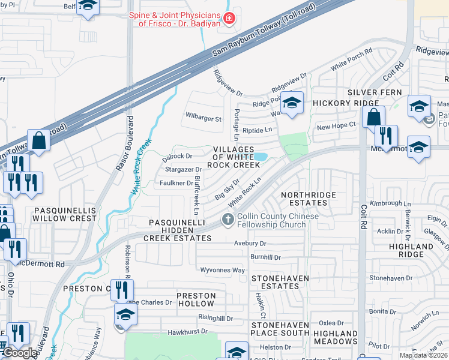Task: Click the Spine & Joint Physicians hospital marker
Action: tap(228, 20)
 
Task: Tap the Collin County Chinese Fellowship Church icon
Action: tap(228, 220)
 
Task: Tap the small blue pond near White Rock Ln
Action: tap(261, 157)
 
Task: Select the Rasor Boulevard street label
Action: tap(128, 144)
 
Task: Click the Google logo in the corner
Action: tap(20, 353)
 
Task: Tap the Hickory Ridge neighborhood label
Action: tap(338, 103)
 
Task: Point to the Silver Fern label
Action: tap(370, 92)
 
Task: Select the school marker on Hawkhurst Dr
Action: tap(125, 314)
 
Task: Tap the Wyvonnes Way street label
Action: tap(222, 270)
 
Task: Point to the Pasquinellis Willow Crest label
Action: tap(65, 214)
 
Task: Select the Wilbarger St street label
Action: tap(203, 119)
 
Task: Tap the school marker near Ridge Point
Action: tap(292, 103)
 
